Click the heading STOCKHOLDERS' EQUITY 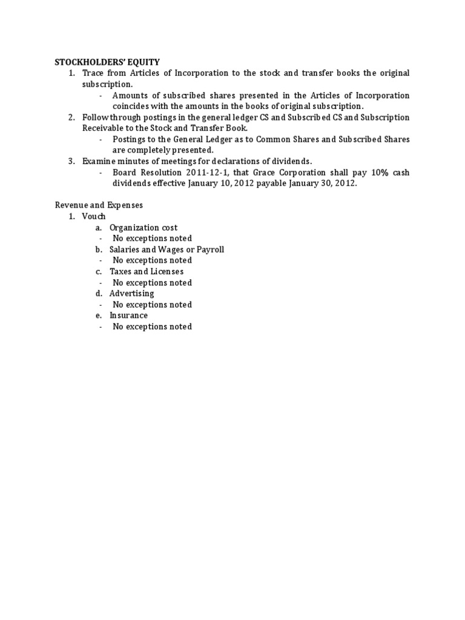[x=107, y=62]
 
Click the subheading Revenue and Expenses [x=99, y=205]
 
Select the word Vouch [x=94, y=216]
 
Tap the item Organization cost [x=143, y=228]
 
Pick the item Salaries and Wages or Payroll [x=167, y=249]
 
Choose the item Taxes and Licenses [x=147, y=271]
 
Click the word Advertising [x=131, y=294]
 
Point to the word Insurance [x=128, y=315]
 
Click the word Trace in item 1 [x=94, y=73]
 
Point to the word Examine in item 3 [x=101, y=161]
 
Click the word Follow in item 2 [x=96, y=117]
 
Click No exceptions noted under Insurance [x=152, y=326]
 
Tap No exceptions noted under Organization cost [x=152, y=239]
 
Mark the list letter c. [x=98, y=271]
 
